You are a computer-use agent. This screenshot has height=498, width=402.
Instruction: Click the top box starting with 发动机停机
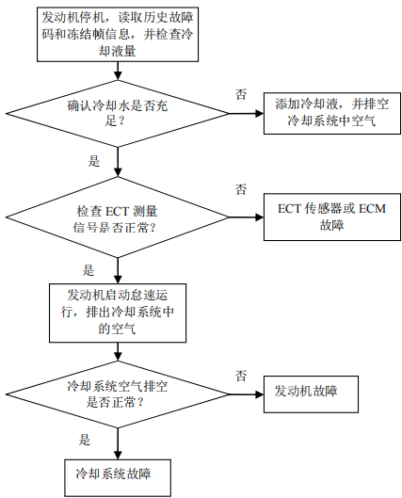coord(118,34)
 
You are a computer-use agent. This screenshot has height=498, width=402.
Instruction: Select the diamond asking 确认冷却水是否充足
coord(118,113)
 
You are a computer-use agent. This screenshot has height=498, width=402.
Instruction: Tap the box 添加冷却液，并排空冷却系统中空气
coord(331,113)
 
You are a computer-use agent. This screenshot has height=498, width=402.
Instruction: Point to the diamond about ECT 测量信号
coord(118,217)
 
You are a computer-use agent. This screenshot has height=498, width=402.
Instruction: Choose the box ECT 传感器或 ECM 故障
coord(331,217)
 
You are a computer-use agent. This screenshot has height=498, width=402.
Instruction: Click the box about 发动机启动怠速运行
coord(118,313)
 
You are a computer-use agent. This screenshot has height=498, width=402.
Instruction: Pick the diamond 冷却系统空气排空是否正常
coord(118,394)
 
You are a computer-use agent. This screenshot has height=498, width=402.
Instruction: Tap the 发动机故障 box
coord(311,394)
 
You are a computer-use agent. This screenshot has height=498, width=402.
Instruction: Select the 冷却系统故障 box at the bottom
coord(118,477)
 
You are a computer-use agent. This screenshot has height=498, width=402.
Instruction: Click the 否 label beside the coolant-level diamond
coord(241,94)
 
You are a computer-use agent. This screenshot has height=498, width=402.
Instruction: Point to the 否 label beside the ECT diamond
coord(241,189)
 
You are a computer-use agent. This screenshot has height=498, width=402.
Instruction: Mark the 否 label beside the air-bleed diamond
coord(241,376)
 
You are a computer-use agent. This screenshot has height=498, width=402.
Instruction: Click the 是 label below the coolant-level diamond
coord(94,161)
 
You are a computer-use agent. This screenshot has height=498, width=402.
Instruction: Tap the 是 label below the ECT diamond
coord(88,270)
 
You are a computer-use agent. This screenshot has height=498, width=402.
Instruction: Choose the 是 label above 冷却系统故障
coord(85,440)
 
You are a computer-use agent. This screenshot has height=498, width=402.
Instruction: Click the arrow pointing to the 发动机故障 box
coord(246,394)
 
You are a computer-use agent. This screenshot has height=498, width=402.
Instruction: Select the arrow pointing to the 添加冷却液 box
coord(246,113)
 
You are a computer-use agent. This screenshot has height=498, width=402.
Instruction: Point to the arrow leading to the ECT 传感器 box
coord(246,217)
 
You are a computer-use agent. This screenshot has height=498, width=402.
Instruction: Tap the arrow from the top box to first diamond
coord(118,71)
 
